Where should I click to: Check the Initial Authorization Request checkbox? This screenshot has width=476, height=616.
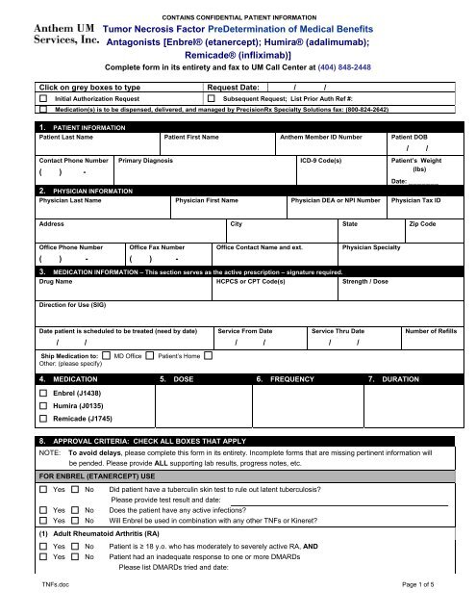point(43,99)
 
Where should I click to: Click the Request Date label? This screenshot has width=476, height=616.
point(235,87)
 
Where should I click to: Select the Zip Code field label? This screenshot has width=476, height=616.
point(422,223)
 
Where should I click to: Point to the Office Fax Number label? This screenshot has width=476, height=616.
point(157,247)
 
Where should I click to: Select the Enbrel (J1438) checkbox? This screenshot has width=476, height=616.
point(43,395)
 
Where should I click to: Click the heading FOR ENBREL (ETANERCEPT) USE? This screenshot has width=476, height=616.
point(101,475)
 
